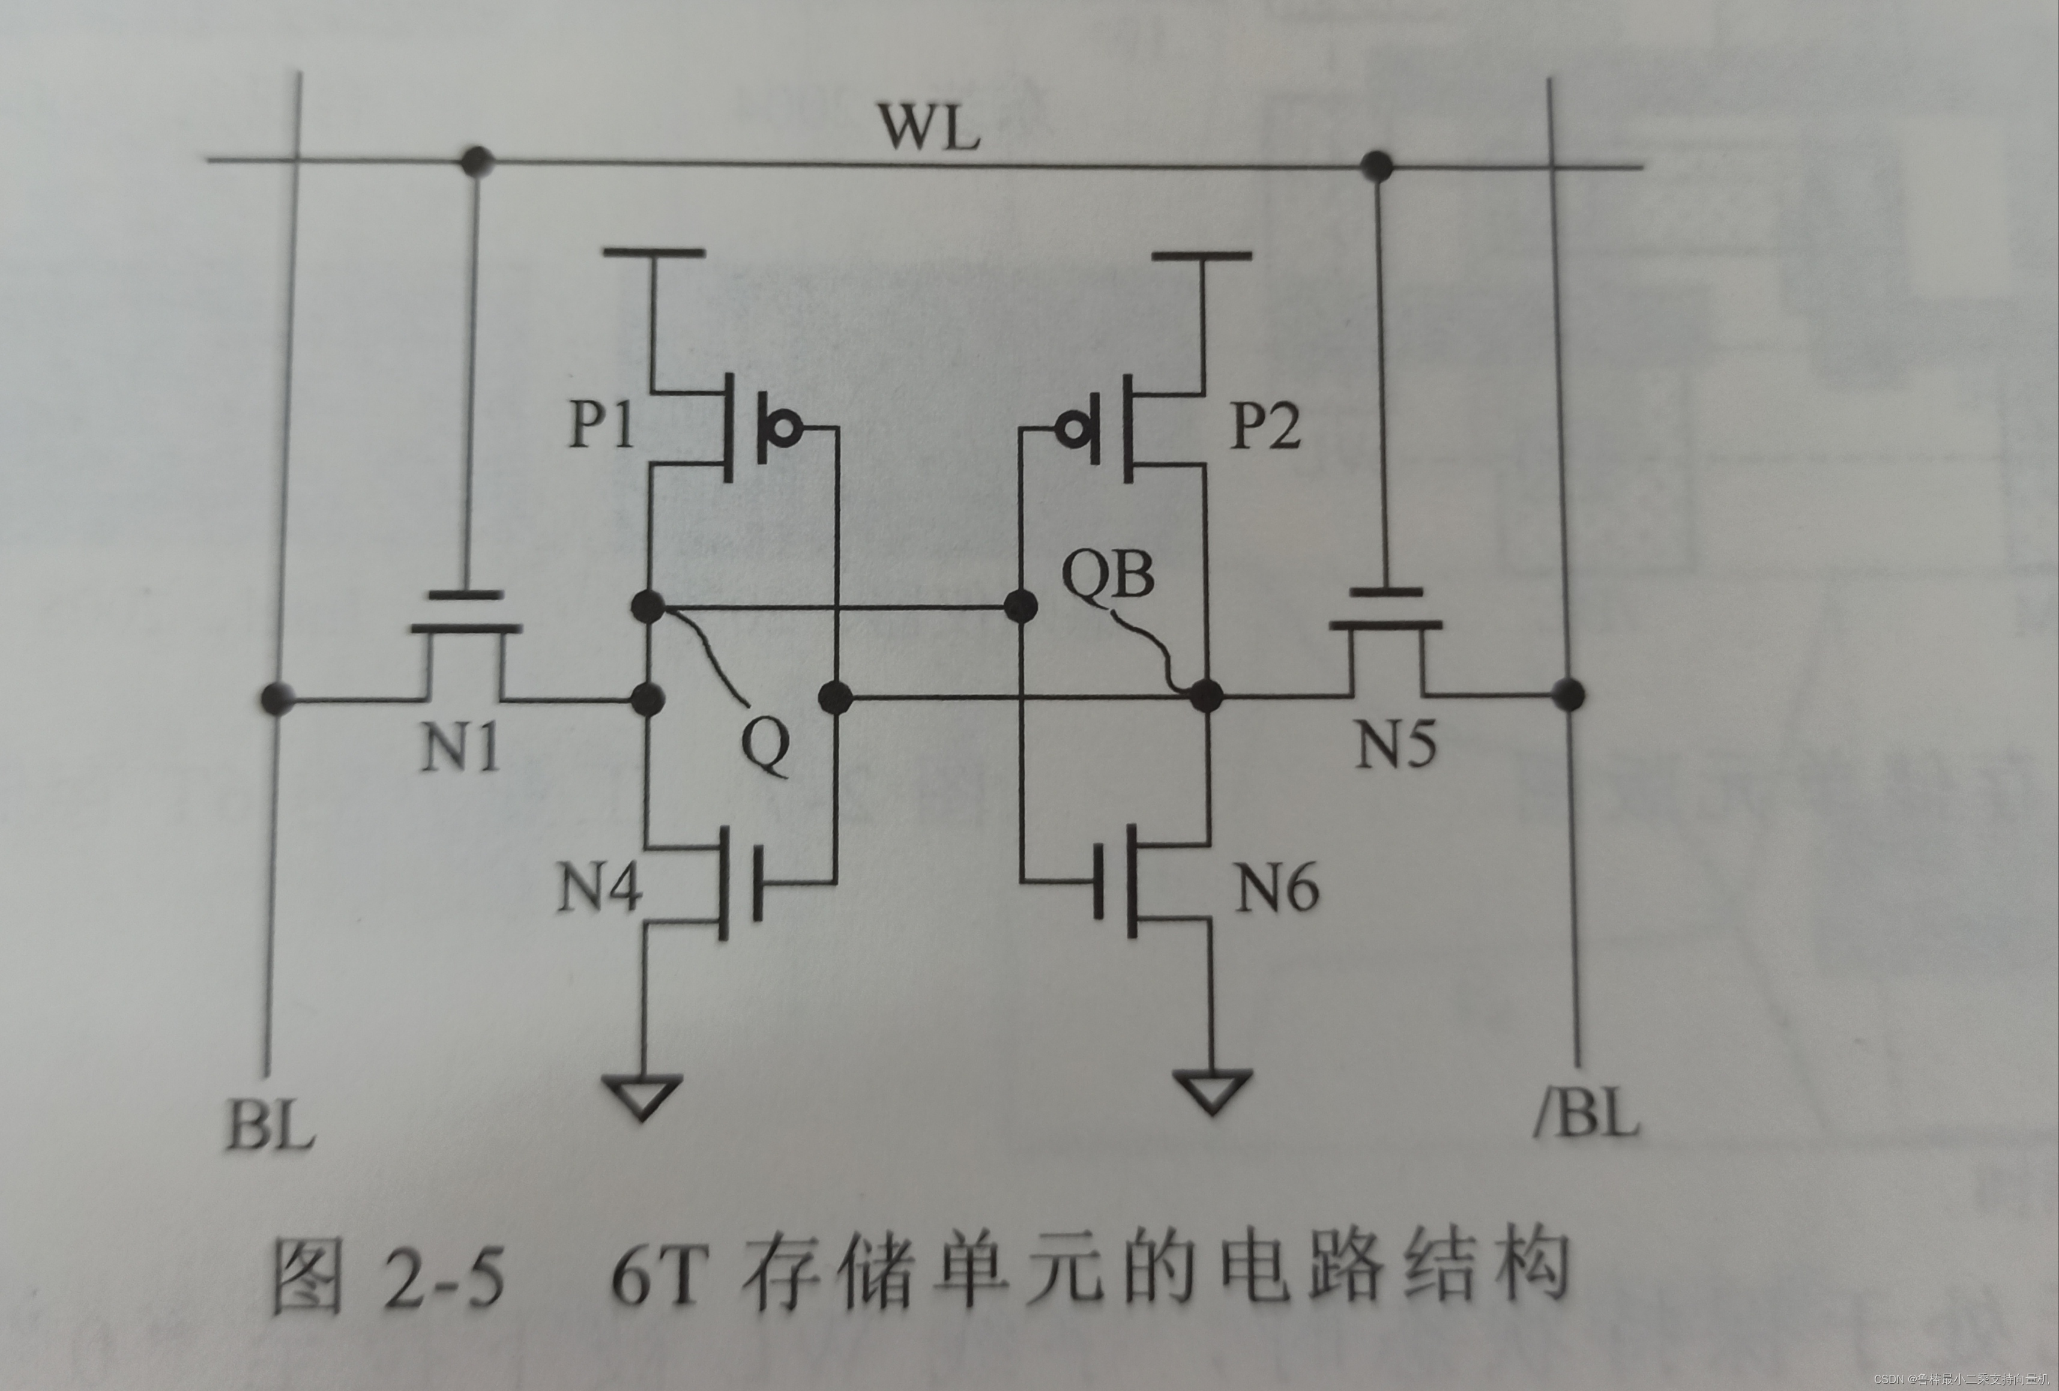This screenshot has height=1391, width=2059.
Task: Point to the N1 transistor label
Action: [460, 746]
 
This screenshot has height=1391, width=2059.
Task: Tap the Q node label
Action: [764, 747]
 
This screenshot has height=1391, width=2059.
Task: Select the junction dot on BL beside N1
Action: [278, 698]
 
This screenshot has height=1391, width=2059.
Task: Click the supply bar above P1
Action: [653, 253]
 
